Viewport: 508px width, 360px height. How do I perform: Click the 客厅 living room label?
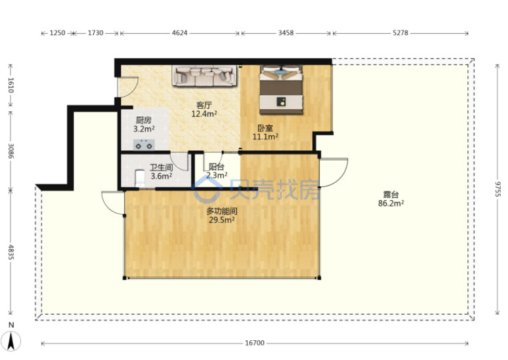click(x=204, y=105)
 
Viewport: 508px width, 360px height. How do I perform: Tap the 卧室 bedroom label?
click(x=265, y=128)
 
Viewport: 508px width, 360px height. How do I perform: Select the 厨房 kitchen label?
click(x=144, y=120)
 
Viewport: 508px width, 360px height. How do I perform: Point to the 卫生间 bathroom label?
click(x=161, y=168)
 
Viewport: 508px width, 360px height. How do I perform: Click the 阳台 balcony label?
click(x=217, y=166)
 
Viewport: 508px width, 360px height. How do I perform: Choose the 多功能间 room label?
click(x=222, y=211)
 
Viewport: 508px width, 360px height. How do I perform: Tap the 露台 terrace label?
click(x=391, y=194)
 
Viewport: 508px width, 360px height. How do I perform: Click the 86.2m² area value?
click(x=391, y=203)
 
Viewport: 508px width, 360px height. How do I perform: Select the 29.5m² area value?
click(x=222, y=220)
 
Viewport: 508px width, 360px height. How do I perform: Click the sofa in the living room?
click(x=205, y=76)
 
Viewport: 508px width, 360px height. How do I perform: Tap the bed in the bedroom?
click(x=281, y=89)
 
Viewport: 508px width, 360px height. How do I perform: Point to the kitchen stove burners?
click(x=144, y=145)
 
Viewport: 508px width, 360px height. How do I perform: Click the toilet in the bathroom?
click(x=140, y=178)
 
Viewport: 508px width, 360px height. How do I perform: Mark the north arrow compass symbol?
click(x=11, y=341)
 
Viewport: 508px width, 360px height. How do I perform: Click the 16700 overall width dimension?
click(x=255, y=343)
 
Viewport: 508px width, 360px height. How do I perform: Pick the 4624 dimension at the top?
click(x=180, y=33)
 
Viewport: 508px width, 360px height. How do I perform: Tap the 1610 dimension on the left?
click(x=11, y=85)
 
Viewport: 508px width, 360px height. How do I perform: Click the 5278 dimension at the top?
click(x=400, y=33)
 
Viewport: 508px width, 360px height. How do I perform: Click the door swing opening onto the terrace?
click(x=334, y=173)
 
